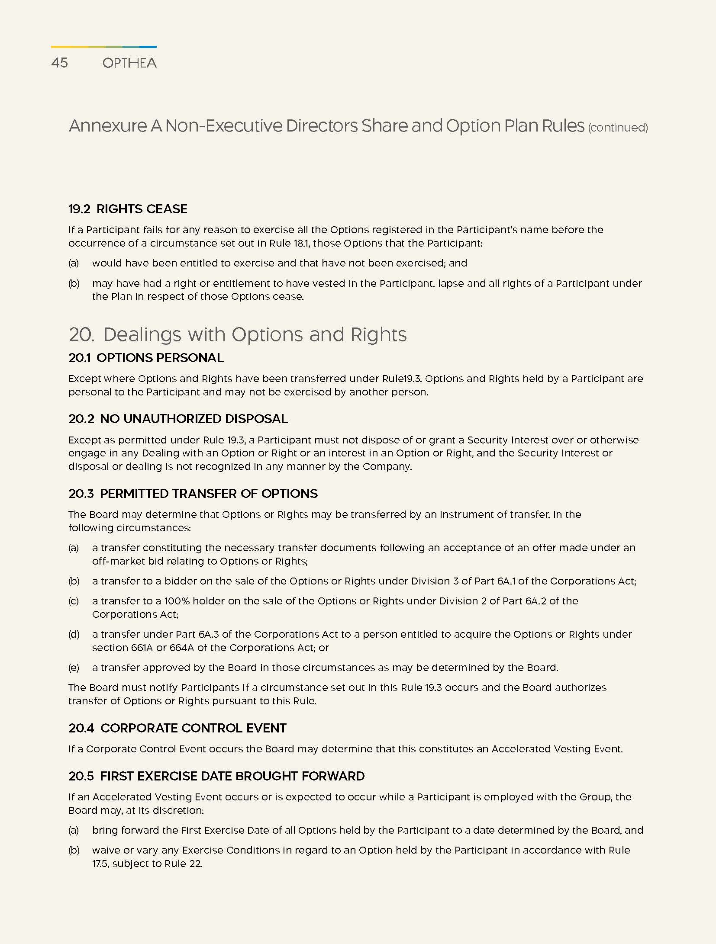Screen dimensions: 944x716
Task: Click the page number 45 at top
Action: [59, 63]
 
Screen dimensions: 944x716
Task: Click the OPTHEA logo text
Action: [129, 63]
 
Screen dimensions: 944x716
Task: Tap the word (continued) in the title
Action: [618, 128]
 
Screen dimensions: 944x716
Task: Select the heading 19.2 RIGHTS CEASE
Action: [128, 209]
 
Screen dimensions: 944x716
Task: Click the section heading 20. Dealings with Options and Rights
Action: [238, 334]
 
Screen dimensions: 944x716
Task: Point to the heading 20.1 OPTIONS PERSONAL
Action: [146, 358]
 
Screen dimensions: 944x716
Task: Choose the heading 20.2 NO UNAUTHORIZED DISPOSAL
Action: [178, 419]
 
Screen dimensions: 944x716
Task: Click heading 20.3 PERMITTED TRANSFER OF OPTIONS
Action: [193, 494]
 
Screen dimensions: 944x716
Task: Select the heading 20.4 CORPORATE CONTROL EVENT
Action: [177, 728]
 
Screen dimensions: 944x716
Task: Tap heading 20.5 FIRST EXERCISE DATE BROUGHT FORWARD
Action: [216, 776]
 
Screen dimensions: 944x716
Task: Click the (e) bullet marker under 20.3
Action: [74, 668]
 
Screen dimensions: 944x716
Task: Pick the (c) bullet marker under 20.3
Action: [74, 601]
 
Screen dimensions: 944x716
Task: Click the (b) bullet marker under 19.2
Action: [74, 283]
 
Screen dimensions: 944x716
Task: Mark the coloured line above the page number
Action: [103, 47]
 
